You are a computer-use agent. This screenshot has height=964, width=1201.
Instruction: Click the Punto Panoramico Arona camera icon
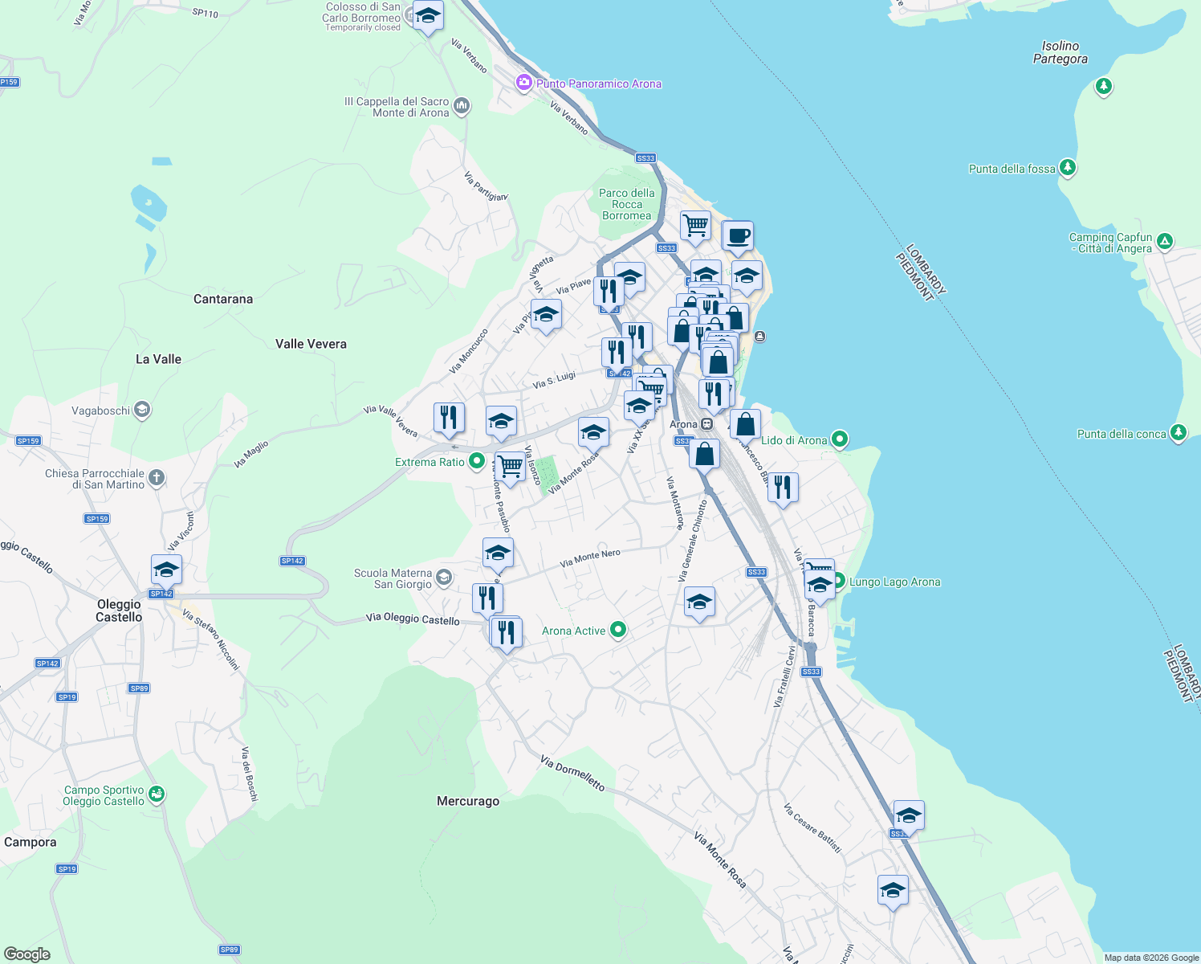pyautogui.click(x=524, y=83)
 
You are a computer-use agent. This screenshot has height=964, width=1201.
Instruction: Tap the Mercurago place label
pyautogui.click(x=468, y=801)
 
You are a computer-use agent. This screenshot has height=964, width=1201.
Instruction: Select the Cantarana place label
pyautogui.click(x=223, y=299)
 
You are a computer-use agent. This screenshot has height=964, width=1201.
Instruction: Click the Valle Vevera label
pyautogui.click(x=311, y=344)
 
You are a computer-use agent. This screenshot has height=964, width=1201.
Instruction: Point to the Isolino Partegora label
pyautogui.click(x=1060, y=52)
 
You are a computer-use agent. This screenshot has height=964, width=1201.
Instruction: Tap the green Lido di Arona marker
pyautogui.click(x=840, y=439)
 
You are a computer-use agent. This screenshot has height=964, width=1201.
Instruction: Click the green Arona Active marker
pyautogui.click(x=618, y=631)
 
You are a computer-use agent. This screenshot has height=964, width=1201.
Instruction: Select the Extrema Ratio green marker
pyautogui.click(x=477, y=461)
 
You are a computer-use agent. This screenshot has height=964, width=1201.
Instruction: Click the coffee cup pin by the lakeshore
pyautogui.click(x=738, y=237)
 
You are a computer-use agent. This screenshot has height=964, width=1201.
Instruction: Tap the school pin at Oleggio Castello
pyautogui.click(x=166, y=570)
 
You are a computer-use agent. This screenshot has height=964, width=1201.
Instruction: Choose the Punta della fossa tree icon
pyautogui.click(x=1067, y=168)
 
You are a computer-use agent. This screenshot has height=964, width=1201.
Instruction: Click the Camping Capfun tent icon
pyautogui.click(x=1165, y=241)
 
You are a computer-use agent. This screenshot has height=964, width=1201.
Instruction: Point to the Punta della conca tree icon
pyautogui.click(x=1179, y=433)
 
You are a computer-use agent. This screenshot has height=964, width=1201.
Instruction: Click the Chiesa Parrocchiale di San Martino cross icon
pyautogui.click(x=157, y=478)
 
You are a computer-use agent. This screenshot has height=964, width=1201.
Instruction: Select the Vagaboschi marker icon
pyautogui.click(x=142, y=411)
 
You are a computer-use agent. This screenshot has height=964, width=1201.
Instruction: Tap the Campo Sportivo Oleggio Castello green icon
pyautogui.click(x=157, y=794)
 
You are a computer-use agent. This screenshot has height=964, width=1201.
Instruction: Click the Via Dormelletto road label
pyautogui.click(x=572, y=773)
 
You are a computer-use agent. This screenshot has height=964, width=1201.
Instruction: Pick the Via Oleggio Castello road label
pyautogui.click(x=413, y=619)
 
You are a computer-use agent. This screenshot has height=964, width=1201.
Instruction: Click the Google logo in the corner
pyautogui.click(x=27, y=954)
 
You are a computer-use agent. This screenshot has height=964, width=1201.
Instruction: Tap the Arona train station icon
pyautogui.click(x=706, y=424)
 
